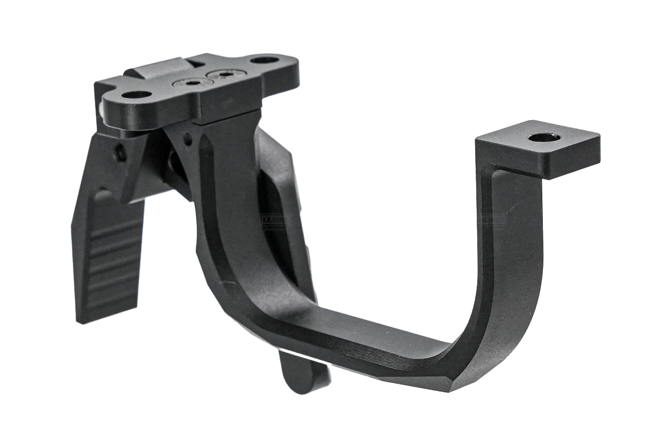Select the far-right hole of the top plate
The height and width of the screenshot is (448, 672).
tap(265, 60)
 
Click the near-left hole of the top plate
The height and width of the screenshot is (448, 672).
tap(136, 95)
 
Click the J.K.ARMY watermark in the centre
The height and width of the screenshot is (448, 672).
tap(275, 220)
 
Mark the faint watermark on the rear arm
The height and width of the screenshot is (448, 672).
tap(492, 220)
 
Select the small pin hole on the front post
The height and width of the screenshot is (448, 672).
tap(187, 140)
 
